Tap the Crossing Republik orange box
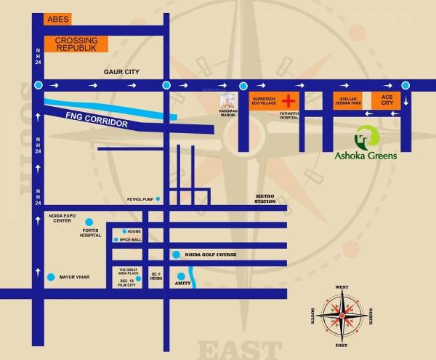[x=76, y=44]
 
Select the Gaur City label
[x=122, y=71]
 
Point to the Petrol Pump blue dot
[x=156, y=199]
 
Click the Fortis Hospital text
[x=91, y=235]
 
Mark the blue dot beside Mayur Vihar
[x=51, y=277]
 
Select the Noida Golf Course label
[x=211, y=254]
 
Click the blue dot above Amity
[x=179, y=276]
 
